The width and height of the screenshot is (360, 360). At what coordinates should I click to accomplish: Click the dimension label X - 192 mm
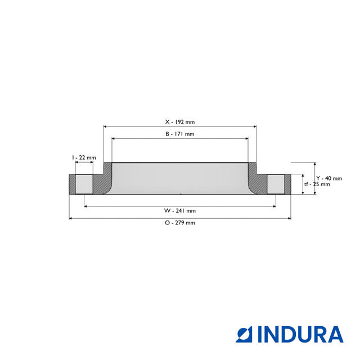point(179,121)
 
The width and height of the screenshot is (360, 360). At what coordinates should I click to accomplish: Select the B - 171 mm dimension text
point(179,134)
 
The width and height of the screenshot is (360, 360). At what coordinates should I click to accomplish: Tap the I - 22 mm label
point(84,157)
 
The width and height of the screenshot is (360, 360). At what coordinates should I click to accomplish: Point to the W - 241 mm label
point(179,210)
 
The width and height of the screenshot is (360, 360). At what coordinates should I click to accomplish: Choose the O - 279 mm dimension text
point(179,223)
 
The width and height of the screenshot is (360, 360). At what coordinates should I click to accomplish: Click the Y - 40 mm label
point(328,178)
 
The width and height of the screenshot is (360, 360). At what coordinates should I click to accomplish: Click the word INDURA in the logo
point(300,334)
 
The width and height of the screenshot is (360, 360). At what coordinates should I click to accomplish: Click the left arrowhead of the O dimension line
point(71,218)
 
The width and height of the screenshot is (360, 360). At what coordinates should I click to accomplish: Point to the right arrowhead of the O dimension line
point(289,218)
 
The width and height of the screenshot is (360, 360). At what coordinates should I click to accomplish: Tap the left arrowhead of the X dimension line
point(106,127)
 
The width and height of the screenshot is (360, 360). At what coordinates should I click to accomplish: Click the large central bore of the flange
point(179,179)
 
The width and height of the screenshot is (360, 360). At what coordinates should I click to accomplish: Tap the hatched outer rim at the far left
point(72,184)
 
